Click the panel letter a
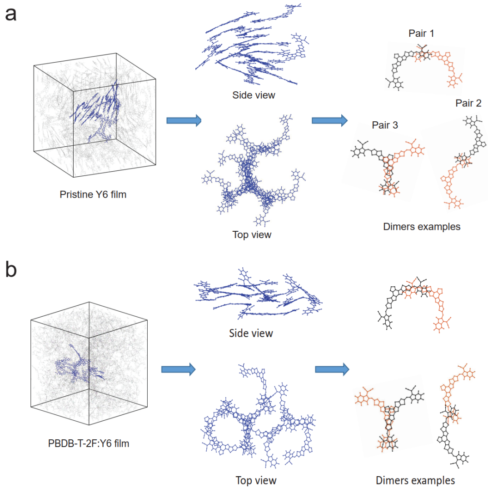coord(11,15)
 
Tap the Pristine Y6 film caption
coord(93,194)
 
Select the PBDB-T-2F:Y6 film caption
coord(89,443)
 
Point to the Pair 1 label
coord(421,33)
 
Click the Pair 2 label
coord(468,103)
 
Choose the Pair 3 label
coord(385,125)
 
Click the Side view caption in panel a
coord(254,95)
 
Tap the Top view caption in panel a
coord(252,234)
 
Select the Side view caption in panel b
coord(251,334)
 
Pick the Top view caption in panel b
coord(256,480)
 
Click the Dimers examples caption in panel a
coord(422,227)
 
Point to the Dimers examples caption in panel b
coord(415,480)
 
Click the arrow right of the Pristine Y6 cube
coord(184,120)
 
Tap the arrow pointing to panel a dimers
coord(329,120)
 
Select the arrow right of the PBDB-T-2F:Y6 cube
coord(178,369)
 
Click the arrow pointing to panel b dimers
coord(332,369)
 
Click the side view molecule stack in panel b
coord(259,294)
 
